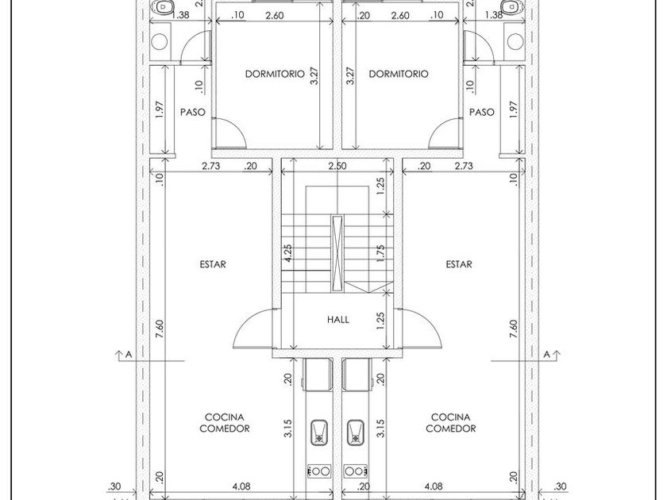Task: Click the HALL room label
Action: pyautogui.click(x=338, y=320)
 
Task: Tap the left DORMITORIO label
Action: pyautogui.click(x=275, y=74)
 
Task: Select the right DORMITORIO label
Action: pyautogui.click(x=399, y=74)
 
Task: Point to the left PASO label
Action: pyautogui.click(x=192, y=112)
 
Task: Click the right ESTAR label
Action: pyautogui.click(x=459, y=264)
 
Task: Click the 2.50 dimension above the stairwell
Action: pyautogui.click(x=338, y=166)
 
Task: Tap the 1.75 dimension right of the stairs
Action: pyautogui.click(x=381, y=253)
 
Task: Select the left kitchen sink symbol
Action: pyautogui.click(x=319, y=430)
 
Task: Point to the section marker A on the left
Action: pyautogui.click(x=124, y=355)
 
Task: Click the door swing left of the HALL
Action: pyautogui.click(x=253, y=329)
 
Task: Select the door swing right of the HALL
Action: pyautogui.click(x=423, y=329)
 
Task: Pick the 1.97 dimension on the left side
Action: pyautogui.click(x=160, y=110)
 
